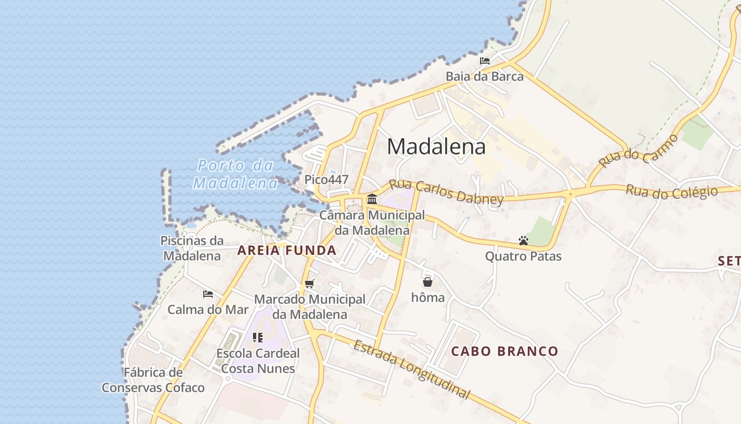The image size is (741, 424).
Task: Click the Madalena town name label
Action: [436, 147]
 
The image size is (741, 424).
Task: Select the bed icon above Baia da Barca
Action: [484, 61]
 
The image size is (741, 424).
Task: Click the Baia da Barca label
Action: [484, 76]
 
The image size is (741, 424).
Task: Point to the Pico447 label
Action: [326, 180]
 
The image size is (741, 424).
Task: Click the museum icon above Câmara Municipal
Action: [372, 199]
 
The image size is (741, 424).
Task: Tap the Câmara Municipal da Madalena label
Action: [372, 223]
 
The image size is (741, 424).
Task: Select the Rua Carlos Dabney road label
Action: [446, 192]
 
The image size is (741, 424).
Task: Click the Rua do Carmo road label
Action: [639, 151]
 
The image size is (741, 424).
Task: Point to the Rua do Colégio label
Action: [672, 192]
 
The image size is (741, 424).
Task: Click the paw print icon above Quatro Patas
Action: [523, 241]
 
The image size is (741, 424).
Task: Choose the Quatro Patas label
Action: [523, 257]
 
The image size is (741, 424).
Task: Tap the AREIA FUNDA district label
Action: [286, 250]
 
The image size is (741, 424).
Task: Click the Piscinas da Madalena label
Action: [192, 248]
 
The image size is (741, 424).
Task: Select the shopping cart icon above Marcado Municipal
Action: [310, 284]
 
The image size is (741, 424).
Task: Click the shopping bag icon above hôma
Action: [428, 282]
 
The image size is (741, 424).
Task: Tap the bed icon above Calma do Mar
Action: [208, 294]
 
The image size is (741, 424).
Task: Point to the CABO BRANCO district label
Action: [504, 351]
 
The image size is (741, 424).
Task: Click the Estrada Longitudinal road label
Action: [411, 369]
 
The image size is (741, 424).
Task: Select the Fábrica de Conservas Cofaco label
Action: [153, 380]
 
